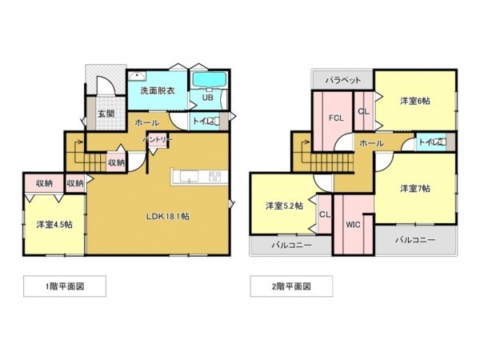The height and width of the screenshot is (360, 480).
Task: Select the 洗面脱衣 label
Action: pos(157,91)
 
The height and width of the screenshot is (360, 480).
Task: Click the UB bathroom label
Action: pos(206,98)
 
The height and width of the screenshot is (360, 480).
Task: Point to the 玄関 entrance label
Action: pos(106,114)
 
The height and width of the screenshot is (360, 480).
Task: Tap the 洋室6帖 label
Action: pos(414,101)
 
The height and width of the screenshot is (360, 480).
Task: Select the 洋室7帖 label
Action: pos(414,189)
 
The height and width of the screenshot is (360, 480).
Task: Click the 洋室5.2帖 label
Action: pos(284,206)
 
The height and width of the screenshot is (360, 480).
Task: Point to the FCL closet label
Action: pos(335,118)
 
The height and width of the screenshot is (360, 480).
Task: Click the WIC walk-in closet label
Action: pos(354,225)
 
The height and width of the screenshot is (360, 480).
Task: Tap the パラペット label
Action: pos(343,80)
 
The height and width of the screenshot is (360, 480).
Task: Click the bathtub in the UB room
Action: pos(209,81)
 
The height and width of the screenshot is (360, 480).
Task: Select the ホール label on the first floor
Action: pos(146,122)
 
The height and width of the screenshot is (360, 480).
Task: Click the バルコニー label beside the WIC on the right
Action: pos(415,240)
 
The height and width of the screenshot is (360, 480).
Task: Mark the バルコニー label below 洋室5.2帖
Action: pos(290,244)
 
